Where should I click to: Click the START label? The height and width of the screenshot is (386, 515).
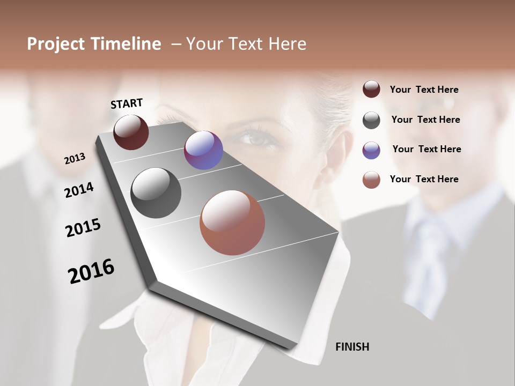tap(127, 103)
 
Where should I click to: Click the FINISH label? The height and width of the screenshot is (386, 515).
tap(352, 347)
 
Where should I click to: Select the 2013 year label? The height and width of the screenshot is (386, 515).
tap(75, 159)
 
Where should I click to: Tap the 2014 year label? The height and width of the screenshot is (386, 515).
tap(79, 190)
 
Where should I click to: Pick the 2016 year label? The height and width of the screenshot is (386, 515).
tap(91, 271)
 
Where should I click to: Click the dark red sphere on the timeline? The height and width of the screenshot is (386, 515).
tap(131, 132)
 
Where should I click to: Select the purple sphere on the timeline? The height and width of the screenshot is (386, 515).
tap(203, 150)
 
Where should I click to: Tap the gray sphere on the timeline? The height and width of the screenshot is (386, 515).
tap(156, 193)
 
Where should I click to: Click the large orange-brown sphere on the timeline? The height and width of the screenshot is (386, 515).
tap(232, 222)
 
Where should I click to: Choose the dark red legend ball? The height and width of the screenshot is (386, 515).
tap(371, 89)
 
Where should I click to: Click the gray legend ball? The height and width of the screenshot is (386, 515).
tap(371, 120)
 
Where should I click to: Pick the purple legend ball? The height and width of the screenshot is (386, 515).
tap(371, 150)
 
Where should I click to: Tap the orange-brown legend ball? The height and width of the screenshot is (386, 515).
tap(371, 180)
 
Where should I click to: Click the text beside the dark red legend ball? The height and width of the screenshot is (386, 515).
tap(424, 90)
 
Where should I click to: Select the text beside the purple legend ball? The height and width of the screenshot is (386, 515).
tap(426, 149)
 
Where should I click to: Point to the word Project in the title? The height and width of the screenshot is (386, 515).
tap(56, 44)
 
